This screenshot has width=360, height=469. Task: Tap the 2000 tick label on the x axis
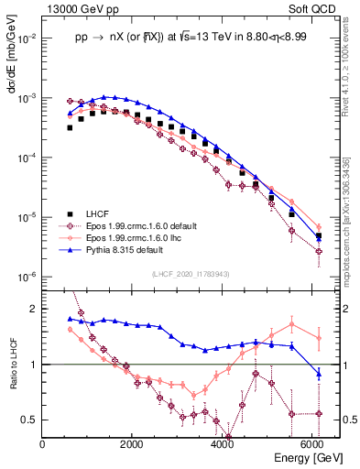[x=133, y=444]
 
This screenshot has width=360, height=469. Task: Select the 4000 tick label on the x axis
[x=223, y=444]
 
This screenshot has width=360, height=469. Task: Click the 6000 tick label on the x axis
[x=312, y=444]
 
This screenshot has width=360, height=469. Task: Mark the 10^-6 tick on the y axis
[x=27, y=277]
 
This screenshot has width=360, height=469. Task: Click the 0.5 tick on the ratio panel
[x=31, y=420]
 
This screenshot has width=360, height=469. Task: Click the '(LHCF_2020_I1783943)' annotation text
[x=191, y=274]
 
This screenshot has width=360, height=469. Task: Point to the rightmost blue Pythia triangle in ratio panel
[x=318, y=373]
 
